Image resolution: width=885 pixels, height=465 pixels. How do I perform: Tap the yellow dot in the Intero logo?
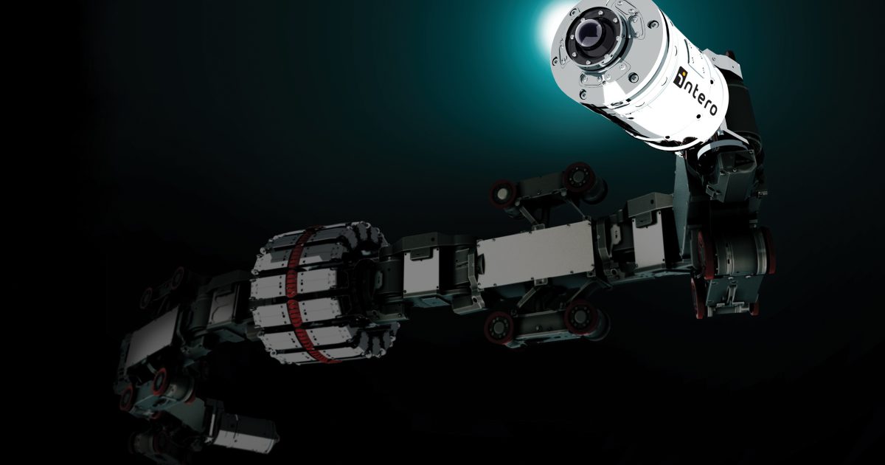pyautogui.click(x=682, y=72)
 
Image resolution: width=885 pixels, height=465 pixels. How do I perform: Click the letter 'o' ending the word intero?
pyautogui.click(x=711, y=108)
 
